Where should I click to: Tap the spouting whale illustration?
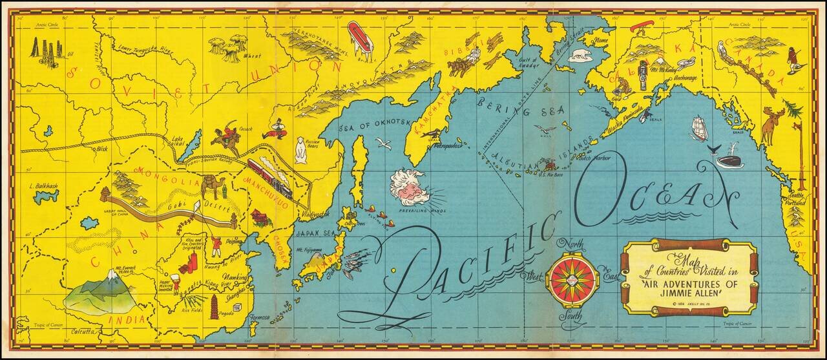[x=726, y=156]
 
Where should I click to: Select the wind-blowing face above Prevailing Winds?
[x=412, y=187]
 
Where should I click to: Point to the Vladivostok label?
[x=315, y=214]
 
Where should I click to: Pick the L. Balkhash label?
[x=44, y=186]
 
